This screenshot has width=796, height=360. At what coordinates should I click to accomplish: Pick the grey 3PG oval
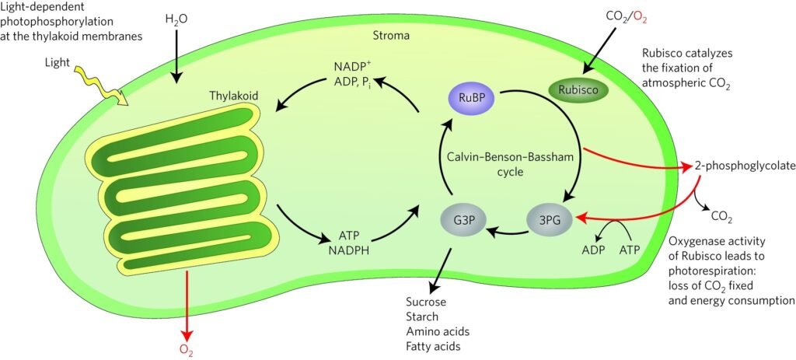[550, 220]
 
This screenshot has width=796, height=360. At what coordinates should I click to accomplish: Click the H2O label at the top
[178, 19]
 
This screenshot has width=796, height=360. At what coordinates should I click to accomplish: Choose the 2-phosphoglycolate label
[736, 166]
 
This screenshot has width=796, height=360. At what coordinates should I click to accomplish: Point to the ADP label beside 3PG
[594, 251]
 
